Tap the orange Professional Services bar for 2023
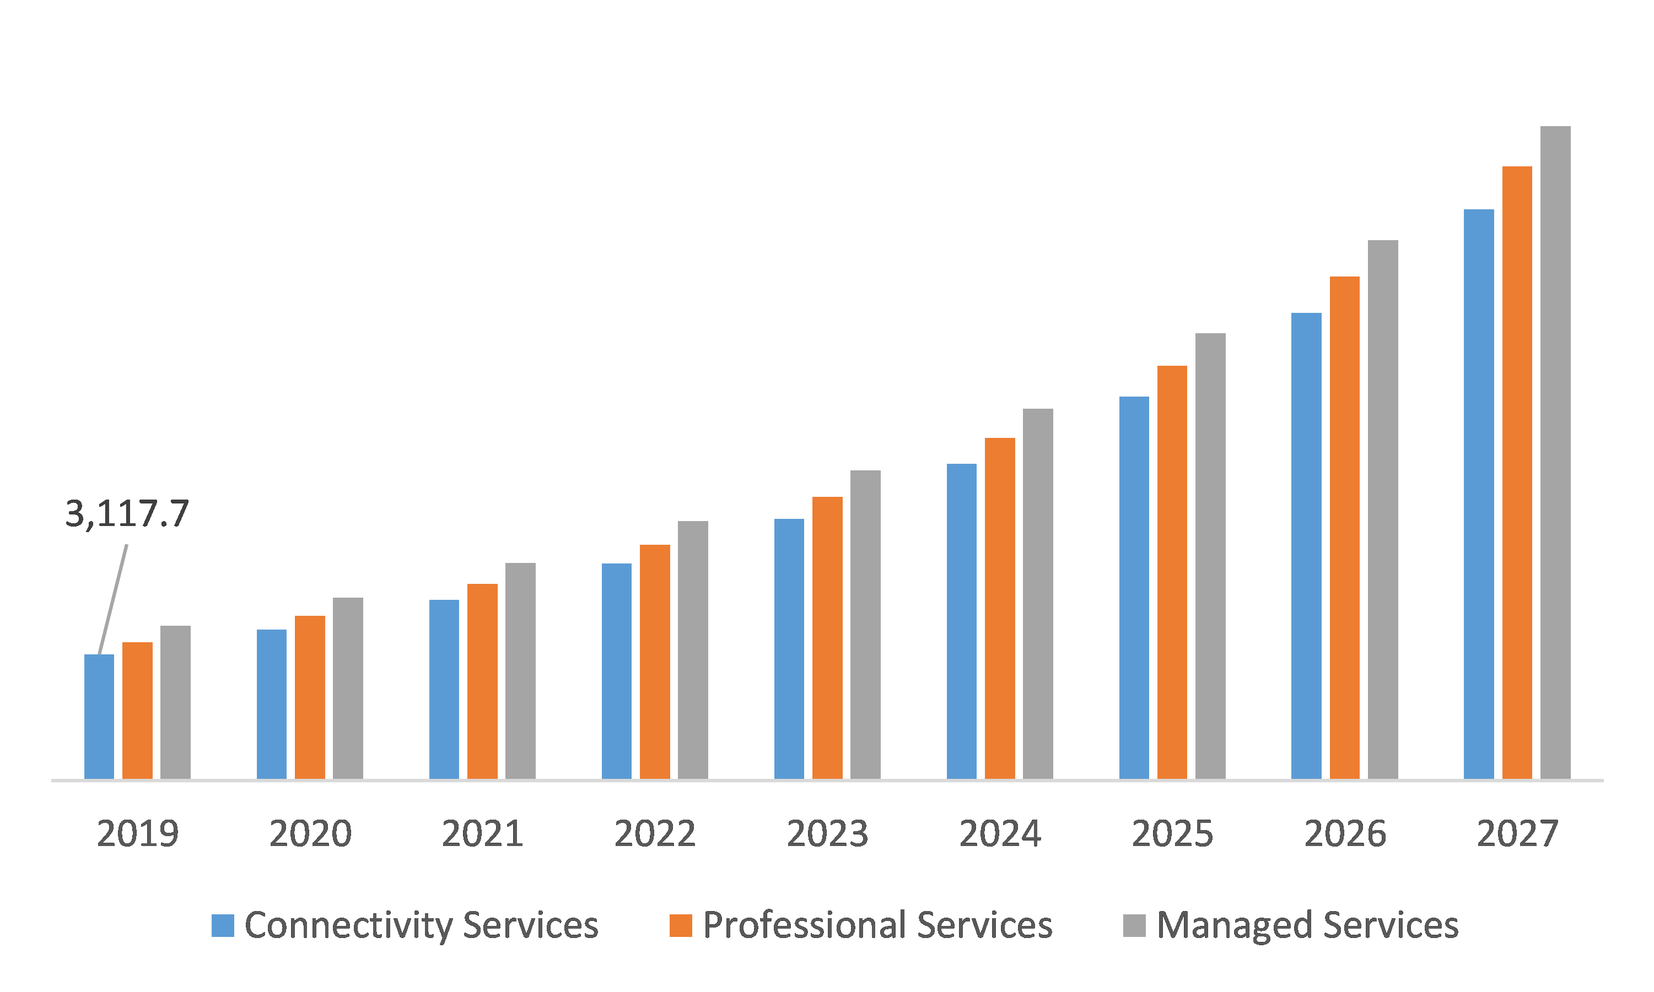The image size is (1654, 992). coord(827,638)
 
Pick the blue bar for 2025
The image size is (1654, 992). coord(1134,588)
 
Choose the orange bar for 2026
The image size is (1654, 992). coord(1344,528)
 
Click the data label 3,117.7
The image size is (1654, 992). coord(127,514)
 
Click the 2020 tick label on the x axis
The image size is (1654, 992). coord(310,833)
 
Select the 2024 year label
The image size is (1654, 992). coord(1000,833)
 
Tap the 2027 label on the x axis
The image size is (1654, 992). coord(1517,833)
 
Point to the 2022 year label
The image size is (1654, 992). coord(655,833)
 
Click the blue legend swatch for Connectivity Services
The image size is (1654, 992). coord(223,926)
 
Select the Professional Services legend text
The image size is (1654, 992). coord(877,926)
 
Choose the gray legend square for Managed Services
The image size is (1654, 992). coord(1134,926)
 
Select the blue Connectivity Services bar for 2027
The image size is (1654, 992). coord(1478,494)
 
